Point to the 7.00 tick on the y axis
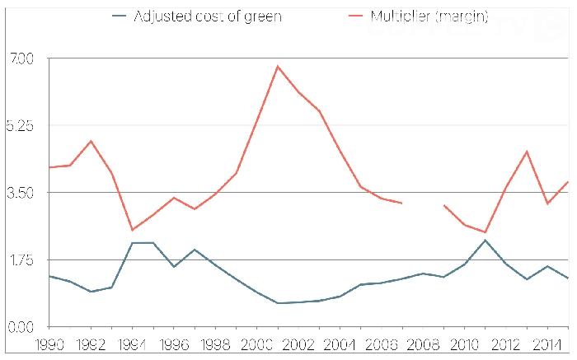(x=22, y=58)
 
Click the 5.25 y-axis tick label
(x=22, y=126)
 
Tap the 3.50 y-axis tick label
(x=22, y=193)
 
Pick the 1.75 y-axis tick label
(x=22, y=260)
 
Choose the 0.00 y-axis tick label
(x=22, y=327)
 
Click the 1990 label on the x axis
(x=49, y=343)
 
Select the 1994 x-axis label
(x=132, y=343)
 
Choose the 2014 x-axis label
(x=548, y=343)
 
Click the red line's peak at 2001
(x=278, y=66)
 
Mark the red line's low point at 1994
(x=132, y=230)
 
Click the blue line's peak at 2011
(x=486, y=241)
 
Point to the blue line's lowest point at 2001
(x=278, y=303)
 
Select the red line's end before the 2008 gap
(x=401, y=203)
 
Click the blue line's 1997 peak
(x=195, y=250)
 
